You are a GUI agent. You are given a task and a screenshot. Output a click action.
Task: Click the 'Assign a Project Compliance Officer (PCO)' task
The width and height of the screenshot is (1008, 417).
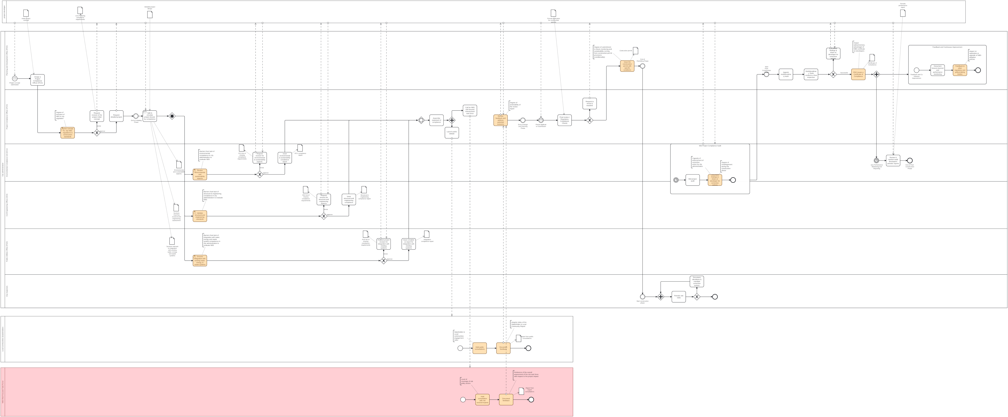(38, 80)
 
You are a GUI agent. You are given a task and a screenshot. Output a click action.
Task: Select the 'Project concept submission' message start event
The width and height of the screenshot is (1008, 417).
(15, 79)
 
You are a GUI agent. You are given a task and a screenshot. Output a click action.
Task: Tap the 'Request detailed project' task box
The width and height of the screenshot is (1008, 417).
(116, 116)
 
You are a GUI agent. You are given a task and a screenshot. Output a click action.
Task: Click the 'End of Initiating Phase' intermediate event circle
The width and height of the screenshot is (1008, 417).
(136, 116)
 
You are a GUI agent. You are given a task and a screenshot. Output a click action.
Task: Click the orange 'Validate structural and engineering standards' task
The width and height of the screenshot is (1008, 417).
(200, 216)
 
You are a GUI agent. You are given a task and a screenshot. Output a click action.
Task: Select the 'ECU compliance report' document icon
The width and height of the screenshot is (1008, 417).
(300, 148)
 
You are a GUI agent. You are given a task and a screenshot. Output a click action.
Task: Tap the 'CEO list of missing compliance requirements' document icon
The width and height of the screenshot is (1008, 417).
(306, 190)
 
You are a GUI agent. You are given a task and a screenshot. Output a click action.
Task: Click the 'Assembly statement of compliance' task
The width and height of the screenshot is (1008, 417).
(436, 120)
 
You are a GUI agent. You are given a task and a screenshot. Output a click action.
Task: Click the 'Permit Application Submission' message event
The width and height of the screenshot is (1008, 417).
(541, 120)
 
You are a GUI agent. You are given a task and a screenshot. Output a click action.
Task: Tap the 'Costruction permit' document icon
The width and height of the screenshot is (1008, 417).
(636, 51)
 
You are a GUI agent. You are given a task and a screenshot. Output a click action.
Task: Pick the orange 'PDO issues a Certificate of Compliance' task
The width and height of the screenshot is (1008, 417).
(858, 74)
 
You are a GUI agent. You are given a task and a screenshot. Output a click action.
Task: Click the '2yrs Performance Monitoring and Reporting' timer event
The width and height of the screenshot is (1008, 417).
(876, 161)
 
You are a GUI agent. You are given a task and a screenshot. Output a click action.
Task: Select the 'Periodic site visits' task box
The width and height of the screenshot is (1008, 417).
(679, 297)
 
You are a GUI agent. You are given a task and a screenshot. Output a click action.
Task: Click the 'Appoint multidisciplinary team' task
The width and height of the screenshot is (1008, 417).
(786, 74)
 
